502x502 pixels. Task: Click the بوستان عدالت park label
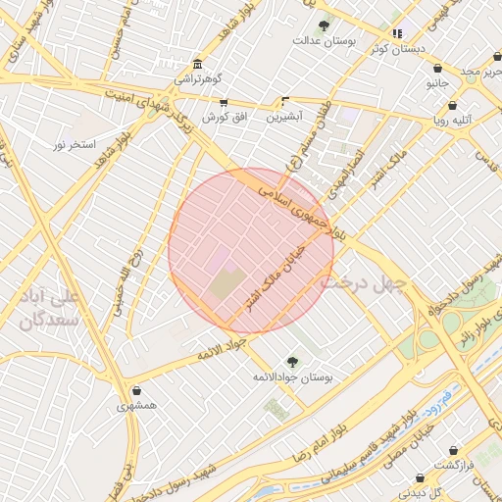324,41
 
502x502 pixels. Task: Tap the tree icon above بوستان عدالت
324,25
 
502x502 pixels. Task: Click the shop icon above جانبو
437,68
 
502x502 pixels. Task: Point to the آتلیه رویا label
453,120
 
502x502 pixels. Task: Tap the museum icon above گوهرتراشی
199,64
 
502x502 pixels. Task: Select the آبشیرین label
284,116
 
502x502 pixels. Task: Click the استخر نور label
75,145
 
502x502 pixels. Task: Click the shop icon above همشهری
135,390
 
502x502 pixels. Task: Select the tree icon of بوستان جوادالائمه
293,362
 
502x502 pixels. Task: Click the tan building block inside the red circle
228,285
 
